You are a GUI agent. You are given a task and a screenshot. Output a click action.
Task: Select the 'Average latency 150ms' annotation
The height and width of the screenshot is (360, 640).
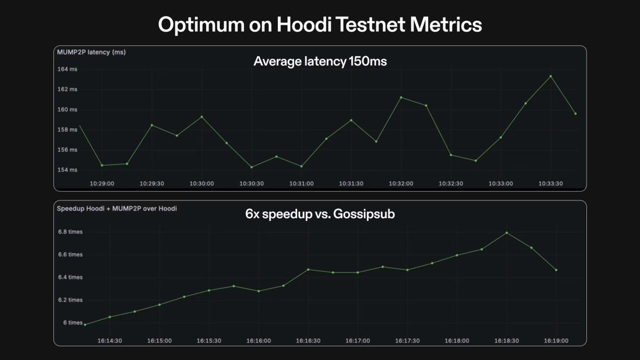pyautogui.click(x=320, y=61)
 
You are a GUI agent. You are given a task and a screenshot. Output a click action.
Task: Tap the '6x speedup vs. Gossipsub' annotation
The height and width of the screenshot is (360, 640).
pyautogui.click(x=320, y=214)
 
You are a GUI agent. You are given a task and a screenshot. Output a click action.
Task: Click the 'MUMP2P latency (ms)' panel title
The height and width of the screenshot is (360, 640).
pyautogui.click(x=91, y=52)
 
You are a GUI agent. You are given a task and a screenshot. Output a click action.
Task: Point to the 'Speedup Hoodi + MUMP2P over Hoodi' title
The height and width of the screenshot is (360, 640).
pyautogui.click(x=116, y=208)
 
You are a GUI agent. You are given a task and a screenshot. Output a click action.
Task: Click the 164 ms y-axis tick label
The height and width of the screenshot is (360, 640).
pyautogui.click(x=67, y=69)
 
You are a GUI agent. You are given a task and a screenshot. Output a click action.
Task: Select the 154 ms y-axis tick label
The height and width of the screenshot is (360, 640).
pyautogui.click(x=67, y=170)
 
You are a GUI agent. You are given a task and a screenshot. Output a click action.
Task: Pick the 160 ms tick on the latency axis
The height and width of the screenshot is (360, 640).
pyautogui.click(x=67, y=109)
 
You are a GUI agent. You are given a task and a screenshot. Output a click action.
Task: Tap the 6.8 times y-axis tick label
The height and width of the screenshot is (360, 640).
pyautogui.click(x=69, y=232)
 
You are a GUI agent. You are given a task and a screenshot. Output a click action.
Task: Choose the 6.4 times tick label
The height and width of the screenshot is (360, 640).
pyautogui.click(x=69, y=277)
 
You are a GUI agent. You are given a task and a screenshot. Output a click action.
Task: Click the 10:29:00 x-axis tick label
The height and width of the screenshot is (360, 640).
pyautogui.click(x=102, y=183)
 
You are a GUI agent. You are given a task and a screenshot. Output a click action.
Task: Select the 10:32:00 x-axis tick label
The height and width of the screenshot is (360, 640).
pyautogui.click(x=401, y=183)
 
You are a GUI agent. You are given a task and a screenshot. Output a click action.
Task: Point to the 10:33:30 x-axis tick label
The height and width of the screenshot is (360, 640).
pyautogui.click(x=550, y=183)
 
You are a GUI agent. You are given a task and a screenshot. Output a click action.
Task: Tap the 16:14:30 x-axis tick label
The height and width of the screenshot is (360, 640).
pyautogui.click(x=109, y=340)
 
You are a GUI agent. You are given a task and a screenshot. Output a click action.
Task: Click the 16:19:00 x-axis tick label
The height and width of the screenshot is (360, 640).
pyautogui.click(x=556, y=340)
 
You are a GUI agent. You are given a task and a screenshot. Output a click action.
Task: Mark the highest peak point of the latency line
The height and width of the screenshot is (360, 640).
pyautogui.click(x=550, y=76)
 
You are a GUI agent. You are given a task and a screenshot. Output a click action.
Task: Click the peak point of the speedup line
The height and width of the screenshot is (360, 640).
pyautogui.click(x=506, y=232)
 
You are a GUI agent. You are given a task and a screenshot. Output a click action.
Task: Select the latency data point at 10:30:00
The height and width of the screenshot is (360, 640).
pyautogui.click(x=201, y=117)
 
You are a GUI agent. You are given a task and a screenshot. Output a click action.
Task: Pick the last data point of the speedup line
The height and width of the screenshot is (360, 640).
pyautogui.click(x=556, y=270)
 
